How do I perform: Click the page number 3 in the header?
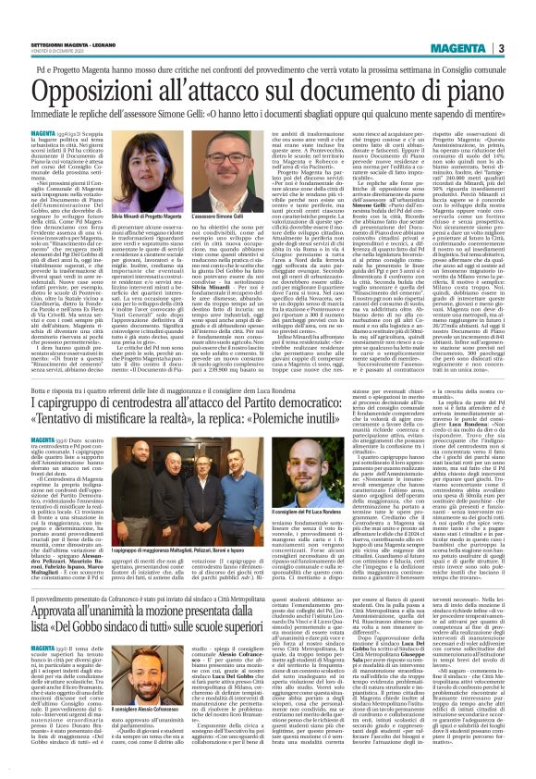click(x=525, y=48)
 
